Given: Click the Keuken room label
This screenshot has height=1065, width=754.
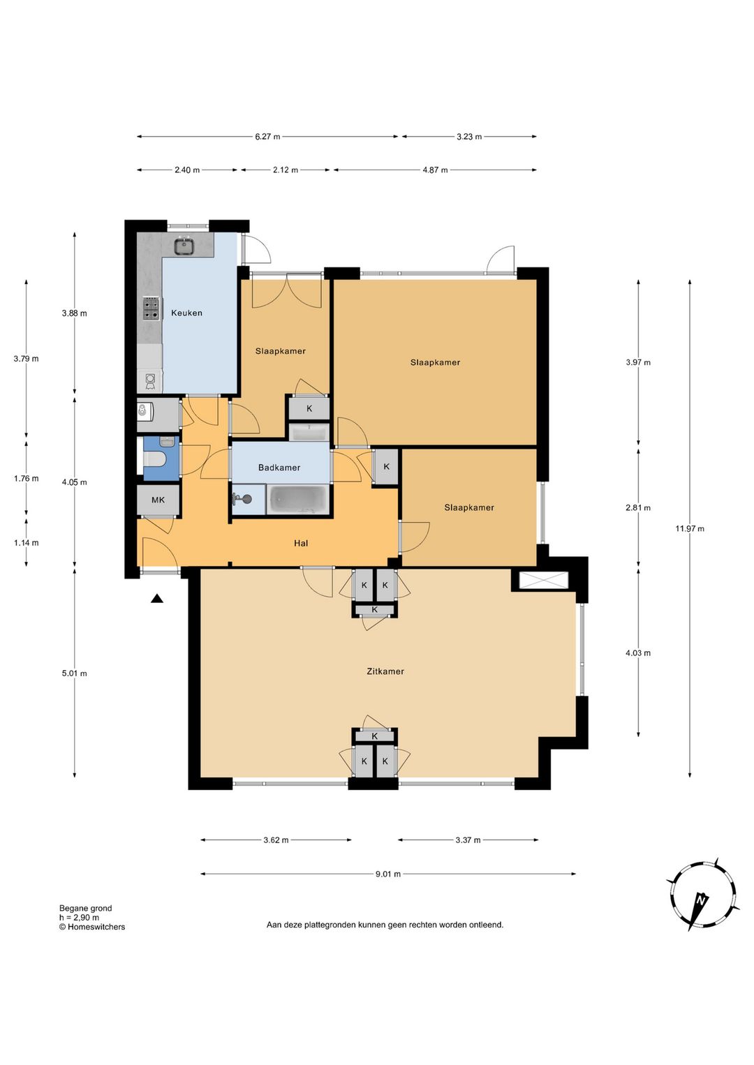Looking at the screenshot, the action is [186, 313].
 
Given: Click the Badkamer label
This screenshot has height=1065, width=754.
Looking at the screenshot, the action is [279, 468].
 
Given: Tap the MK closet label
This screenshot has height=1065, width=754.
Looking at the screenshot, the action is [158, 500].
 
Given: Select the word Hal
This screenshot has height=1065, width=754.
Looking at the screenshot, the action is [301, 543].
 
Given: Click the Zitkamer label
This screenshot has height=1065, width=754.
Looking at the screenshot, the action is [385, 671].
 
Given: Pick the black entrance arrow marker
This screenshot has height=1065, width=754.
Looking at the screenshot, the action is [157, 599].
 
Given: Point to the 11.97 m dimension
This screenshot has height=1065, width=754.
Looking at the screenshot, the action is [689, 528].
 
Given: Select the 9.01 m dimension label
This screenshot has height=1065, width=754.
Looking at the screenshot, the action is [388, 874].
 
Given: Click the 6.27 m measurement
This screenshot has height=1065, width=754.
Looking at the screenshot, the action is [267, 137].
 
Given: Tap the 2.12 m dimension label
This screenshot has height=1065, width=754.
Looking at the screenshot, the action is [286, 170].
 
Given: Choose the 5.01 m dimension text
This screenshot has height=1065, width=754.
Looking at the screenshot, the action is [74, 673].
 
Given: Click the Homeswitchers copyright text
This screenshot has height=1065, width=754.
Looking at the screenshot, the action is [92, 927].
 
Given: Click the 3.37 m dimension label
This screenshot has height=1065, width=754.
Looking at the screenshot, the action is [468, 840].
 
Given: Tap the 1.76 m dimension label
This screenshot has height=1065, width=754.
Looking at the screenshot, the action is [26, 478].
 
